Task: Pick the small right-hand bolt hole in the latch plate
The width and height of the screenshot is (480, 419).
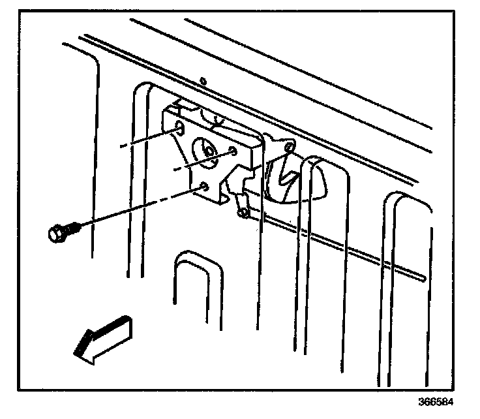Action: pyautogui.click(x=233, y=153)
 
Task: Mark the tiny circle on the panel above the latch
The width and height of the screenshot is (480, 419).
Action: pyautogui.click(x=203, y=82)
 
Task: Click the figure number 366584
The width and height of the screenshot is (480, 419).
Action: pyautogui.click(x=436, y=401)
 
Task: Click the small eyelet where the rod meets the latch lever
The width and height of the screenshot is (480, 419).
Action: pyautogui.click(x=242, y=211)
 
